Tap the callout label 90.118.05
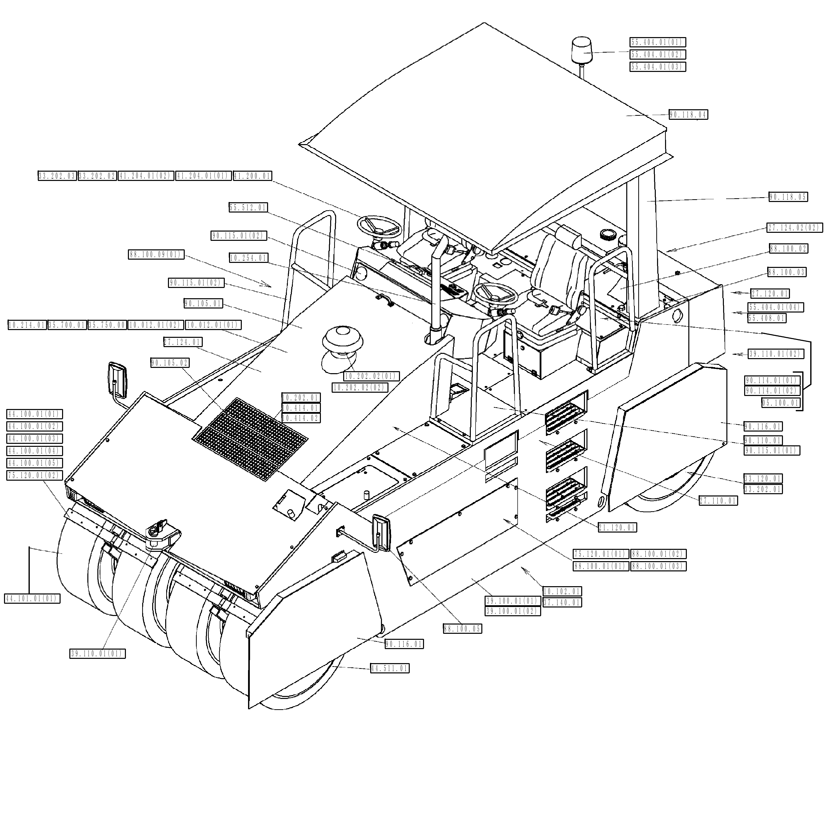coord(788,197)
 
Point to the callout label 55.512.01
coord(248,208)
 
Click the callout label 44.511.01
coord(389,668)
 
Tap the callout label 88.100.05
coord(462,629)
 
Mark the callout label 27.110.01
coord(718,500)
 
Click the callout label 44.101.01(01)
coord(32,599)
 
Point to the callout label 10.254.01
coord(248,258)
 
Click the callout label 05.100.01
coord(781,403)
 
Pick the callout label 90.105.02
coord(170,363)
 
